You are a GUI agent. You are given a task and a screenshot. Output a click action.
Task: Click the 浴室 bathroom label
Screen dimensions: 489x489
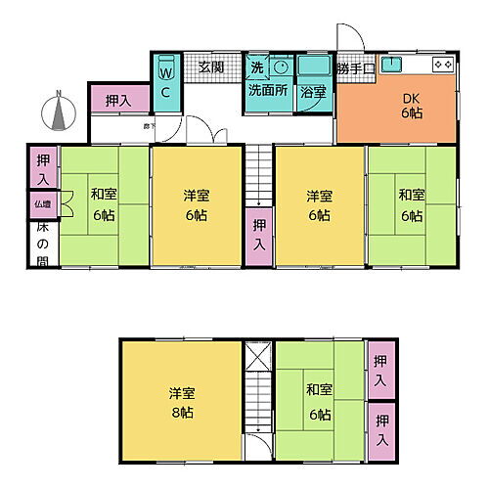coord(313,92)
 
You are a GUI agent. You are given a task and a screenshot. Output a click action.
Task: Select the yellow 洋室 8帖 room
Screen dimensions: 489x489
coord(181,401)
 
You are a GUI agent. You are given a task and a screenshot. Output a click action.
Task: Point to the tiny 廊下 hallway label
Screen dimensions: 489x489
coord(150,126)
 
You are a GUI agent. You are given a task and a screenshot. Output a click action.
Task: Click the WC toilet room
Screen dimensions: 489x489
coord(165,83)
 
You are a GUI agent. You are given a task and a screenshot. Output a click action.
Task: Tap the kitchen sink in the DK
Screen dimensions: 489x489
coord(395,66)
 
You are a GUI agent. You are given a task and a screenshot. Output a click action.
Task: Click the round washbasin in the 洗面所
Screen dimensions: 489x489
coord(281,67)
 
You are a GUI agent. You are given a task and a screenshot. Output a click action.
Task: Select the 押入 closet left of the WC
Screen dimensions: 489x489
coord(119,100)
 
